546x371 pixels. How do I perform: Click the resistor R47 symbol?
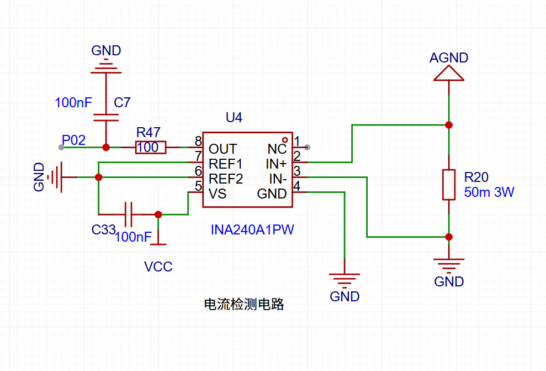[151, 148]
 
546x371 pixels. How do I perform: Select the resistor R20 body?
[449, 185]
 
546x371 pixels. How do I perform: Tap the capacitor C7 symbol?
[106, 117]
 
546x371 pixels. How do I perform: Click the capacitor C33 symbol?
[129, 214]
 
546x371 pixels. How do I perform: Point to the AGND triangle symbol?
[449, 74]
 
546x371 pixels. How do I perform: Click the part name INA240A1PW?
[252, 229]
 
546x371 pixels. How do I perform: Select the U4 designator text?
[234, 117]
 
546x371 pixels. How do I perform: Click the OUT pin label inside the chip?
[222, 149]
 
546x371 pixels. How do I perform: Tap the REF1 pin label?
[226, 164]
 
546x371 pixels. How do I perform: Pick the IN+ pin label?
[277, 164]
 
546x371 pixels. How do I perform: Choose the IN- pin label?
[278, 179]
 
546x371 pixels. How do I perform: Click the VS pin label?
[218, 194]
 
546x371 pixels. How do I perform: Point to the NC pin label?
[277, 149]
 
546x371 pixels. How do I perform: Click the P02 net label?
[73, 140]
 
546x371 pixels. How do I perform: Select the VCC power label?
[158, 267]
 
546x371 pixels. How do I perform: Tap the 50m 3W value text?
[489, 192]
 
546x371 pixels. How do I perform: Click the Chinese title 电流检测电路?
[244, 304]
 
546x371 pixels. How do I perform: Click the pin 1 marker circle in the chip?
[285, 139]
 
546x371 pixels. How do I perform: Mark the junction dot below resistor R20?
[449, 237]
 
